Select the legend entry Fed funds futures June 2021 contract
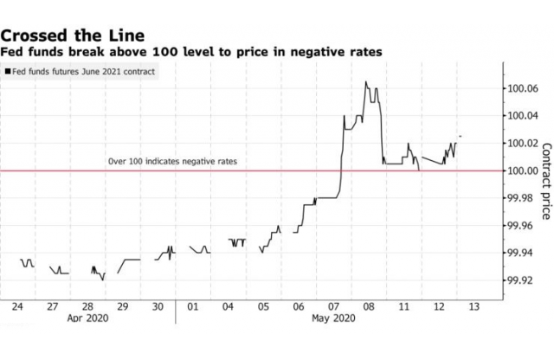pyautogui.click(x=81, y=72)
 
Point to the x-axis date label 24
pyautogui.click(x=18, y=306)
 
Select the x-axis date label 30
pyautogui.click(x=158, y=306)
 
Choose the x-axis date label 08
pyautogui.click(x=367, y=306)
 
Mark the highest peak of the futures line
pyautogui.click(x=366, y=82)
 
